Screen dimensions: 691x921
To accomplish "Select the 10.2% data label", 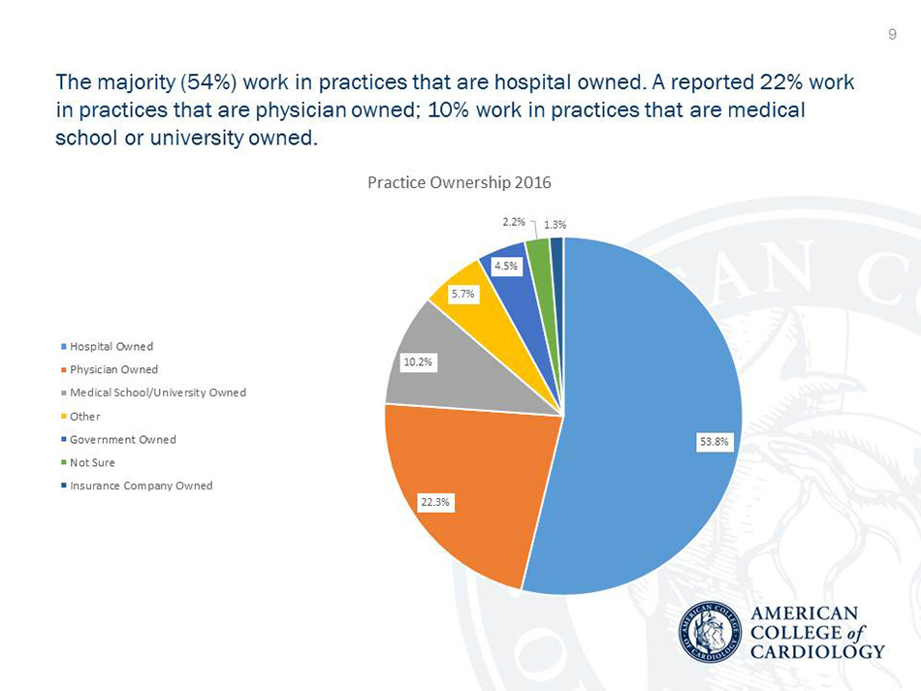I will [x=419, y=362].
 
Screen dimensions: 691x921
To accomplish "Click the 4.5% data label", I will [x=506, y=265].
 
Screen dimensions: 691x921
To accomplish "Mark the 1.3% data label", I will [x=556, y=225].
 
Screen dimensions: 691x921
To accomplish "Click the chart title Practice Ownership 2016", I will [x=460, y=182].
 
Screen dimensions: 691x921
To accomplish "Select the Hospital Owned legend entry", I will [x=111, y=346].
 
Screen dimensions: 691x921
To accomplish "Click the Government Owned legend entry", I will [x=122, y=439].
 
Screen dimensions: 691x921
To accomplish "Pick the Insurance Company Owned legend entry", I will [x=141, y=486].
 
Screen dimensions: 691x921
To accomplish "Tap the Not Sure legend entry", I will [x=92, y=462].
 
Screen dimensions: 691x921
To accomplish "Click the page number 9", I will [x=892, y=35].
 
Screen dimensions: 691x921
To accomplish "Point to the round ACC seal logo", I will [x=709, y=632].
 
